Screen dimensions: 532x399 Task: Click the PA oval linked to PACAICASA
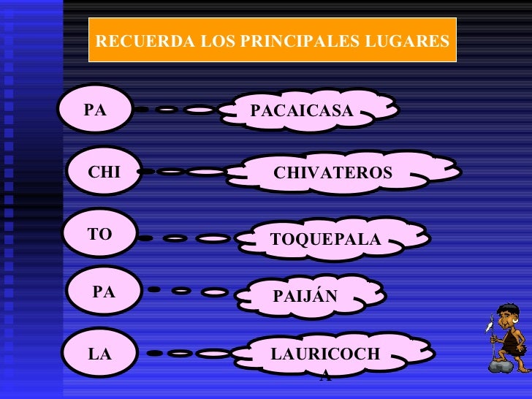point(96,110)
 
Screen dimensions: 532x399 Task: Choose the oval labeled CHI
point(104,172)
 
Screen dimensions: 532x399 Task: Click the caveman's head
point(507,316)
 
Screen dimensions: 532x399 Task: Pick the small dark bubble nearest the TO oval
point(145,238)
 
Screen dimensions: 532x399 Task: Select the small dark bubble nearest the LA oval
point(154,354)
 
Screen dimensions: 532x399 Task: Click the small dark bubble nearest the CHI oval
point(146,172)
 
